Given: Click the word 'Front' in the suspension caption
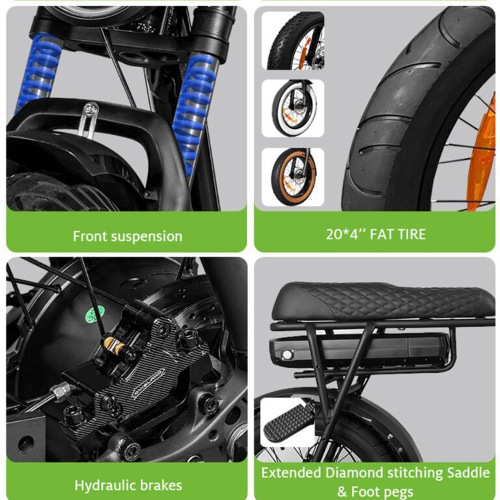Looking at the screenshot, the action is click(x=89, y=236).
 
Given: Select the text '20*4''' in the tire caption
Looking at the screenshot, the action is click(x=345, y=234).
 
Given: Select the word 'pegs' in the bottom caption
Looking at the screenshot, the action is click(x=400, y=492).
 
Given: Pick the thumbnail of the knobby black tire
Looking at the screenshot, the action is click(x=293, y=41).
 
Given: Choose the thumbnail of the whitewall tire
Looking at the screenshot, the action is click(x=293, y=109).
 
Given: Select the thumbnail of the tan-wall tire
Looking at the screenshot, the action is click(x=293, y=177).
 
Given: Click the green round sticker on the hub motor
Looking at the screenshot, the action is click(x=96, y=314).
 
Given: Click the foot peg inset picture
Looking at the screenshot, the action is click(x=288, y=422).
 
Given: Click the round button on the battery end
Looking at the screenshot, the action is click(x=287, y=355).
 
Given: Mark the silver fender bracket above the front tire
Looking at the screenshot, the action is click(x=89, y=120).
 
